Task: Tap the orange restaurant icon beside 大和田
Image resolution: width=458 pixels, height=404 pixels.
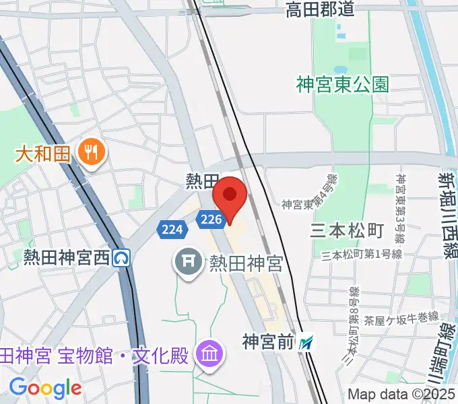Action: (88, 152)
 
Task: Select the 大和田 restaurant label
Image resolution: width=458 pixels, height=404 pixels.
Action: (43, 153)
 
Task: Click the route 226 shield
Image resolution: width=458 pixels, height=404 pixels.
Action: (211, 219)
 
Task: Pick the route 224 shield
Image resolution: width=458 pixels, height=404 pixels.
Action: (172, 230)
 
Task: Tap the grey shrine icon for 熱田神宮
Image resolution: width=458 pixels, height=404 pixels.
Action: (189, 261)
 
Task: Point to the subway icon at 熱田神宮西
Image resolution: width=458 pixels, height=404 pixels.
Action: (122, 257)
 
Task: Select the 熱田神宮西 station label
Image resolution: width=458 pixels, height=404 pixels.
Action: (66, 257)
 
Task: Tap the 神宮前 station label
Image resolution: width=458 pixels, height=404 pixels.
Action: (269, 343)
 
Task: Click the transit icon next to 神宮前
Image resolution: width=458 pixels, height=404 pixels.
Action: (307, 343)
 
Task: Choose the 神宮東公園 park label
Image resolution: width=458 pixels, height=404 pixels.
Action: (343, 84)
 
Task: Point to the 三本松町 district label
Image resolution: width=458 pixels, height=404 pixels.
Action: (347, 231)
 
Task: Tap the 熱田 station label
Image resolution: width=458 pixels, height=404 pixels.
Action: (203, 180)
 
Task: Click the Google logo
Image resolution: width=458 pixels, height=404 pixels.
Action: (45, 387)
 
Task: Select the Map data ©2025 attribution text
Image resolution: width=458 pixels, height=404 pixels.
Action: (401, 393)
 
